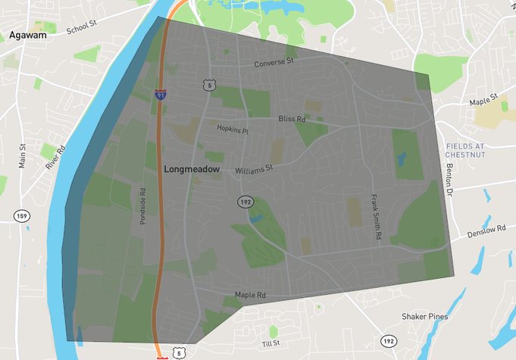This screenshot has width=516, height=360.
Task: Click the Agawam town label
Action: tap(28, 35)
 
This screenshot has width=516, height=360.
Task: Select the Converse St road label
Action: tap(274, 63)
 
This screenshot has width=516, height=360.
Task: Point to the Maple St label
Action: tap(483, 99)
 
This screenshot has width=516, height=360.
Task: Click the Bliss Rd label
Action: tap(292, 119)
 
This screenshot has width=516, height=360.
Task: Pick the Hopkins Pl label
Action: tap(233, 130)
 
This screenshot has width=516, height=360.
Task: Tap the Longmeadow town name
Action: tap(192, 170)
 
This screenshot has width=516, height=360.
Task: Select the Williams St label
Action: tap(253, 170)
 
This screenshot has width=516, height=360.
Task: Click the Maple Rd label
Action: tap(250, 295)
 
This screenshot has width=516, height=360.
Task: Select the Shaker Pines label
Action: tap(424, 317)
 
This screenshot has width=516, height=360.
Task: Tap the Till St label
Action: tap(271, 343)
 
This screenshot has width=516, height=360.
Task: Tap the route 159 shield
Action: tap(22, 217)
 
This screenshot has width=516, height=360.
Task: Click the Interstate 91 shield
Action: tap(161, 95)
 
